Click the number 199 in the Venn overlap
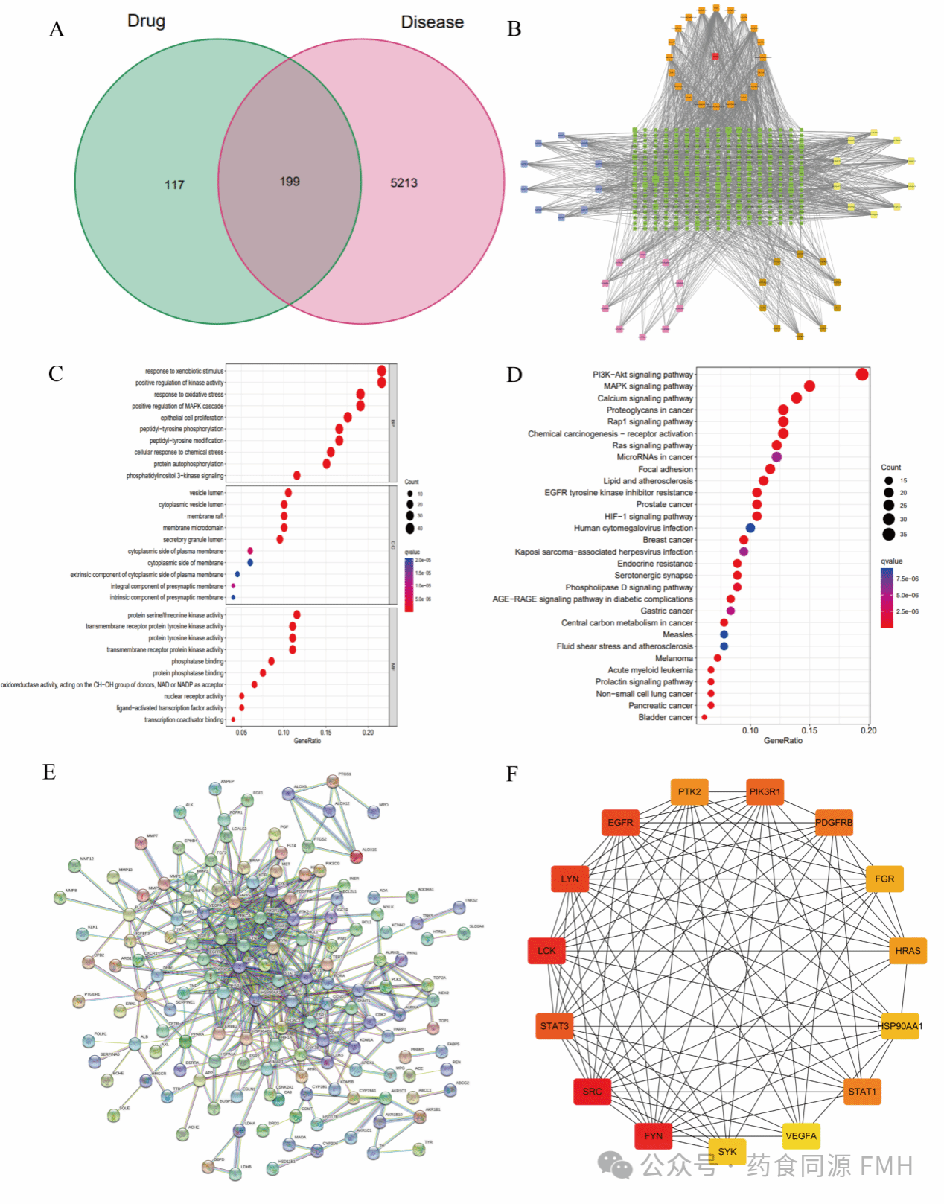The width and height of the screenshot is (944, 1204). pyautogui.click(x=290, y=182)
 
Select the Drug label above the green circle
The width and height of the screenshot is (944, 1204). pyautogui.click(x=146, y=21)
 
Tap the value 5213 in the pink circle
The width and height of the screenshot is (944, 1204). pyautogui.click(x=404, y=183)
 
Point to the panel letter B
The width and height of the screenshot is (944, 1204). pyautogui.click(x=514, y=29)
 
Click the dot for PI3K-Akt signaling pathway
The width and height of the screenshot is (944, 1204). pyautogui.click(x=861, y=375)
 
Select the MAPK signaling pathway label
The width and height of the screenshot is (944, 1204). pyautogui.click(x=648, y=386)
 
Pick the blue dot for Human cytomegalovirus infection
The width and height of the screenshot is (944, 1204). pyautogui.click(x=750, y=528)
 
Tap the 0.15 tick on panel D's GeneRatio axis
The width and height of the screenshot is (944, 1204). pyautogui.click(x=809, y=730)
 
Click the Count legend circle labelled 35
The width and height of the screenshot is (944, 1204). pyautogui.click(x=888, y=534)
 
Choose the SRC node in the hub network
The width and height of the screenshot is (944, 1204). pyautogui.click(x=592, y=1092)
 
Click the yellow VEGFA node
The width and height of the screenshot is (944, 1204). pyautogui.click(x=801, y=1136)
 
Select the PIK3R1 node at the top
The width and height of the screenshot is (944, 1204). pyautogui.click(x=765, y=791)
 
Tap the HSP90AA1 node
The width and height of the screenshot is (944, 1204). pyautogui.click(x=899, y=1026)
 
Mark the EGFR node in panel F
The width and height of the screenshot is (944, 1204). pyautogui.click(x=620, y=823)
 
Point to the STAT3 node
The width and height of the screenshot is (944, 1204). pyautogui.click(x=554, y=1026)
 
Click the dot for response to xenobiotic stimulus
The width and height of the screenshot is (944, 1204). pyautogui.click(x=381, y=371)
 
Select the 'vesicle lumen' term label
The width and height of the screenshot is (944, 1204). pyautogui.click(x=206, y=493)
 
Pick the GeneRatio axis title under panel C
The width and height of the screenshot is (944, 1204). pyautogui.click(x=307, y=741)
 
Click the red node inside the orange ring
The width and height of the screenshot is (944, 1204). pyautogui.click(x=715, y=56)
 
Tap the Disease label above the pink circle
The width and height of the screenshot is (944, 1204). pyautogui.click(x=432, y=22)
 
